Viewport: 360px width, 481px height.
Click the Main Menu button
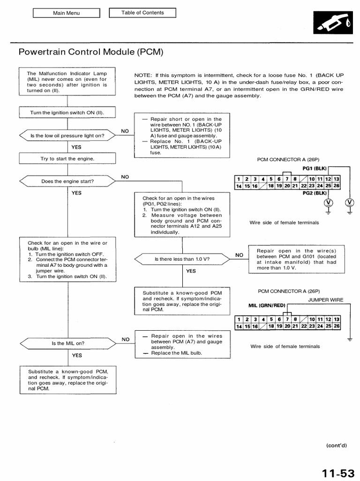(66, 13)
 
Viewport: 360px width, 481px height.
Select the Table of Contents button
(142, 13)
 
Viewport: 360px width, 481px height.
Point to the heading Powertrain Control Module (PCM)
(91, 52)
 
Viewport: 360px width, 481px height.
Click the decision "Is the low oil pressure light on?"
(67, 136)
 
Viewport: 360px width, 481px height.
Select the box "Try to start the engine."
(67, 159)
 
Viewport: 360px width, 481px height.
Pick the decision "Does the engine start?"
(67, 181)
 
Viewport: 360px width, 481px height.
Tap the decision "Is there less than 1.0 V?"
(182, 259)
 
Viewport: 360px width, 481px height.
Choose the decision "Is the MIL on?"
(68, 343)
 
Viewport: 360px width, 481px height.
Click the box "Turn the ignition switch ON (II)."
(67, 113)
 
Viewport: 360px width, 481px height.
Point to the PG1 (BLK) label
(314, 168)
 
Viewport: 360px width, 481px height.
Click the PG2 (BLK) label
(314, 193)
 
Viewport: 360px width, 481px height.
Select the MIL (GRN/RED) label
(267, 305)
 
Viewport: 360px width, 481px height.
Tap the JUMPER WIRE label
(325, 300)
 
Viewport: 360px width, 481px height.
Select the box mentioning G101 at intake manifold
(296, 260)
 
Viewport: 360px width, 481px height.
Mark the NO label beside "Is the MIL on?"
(125, 339)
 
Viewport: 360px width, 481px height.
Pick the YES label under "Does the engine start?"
(76, 193)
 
